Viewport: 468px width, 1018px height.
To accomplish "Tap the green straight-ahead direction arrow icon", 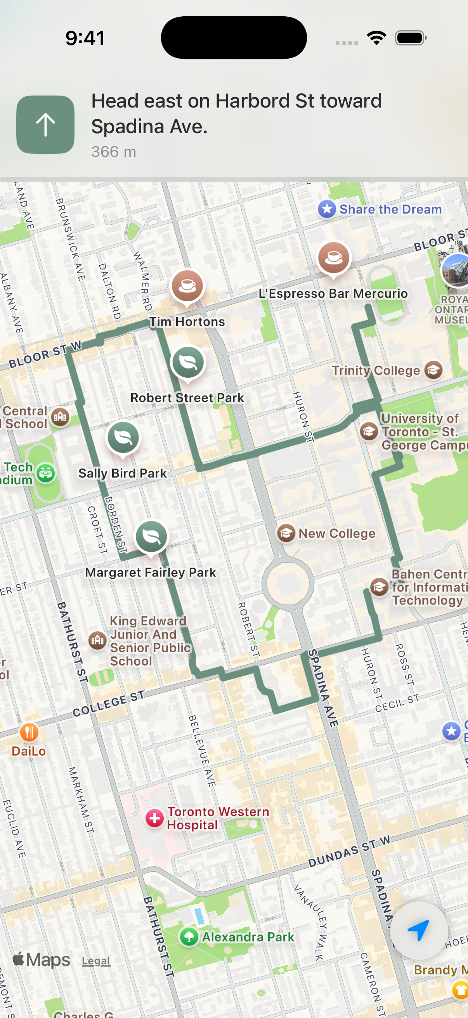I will (x=45, y=125).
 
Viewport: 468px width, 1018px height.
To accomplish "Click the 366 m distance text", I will (x=114, y=152).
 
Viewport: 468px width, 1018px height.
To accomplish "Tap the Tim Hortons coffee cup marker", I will (x=187, y=286).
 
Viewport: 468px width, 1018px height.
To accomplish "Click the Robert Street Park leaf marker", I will (x=188, y=361).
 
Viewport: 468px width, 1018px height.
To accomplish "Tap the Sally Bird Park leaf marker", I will (x=123, y=438).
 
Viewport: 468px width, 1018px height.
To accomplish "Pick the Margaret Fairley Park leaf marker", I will (x=151, y=536).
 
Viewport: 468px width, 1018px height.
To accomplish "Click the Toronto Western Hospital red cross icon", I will (x=154, y=818).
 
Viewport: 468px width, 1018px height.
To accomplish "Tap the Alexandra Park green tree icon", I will (x=189, y=936).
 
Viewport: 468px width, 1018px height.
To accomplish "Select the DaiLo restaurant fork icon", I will (x=29, y=732).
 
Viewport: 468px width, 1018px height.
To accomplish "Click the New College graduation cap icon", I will (x=286, y=533).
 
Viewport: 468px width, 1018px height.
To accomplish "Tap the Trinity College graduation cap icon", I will (x=433, y=370).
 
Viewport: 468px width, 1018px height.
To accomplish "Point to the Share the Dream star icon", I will (x=327, y=209).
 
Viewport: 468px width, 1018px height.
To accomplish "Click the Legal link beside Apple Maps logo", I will (x=96, y=961).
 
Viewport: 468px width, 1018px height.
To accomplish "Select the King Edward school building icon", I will (x=97, y=639).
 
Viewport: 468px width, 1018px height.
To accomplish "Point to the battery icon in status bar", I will (x=410, y=38).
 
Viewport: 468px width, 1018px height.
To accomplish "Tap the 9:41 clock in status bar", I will (x=85, y=38).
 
